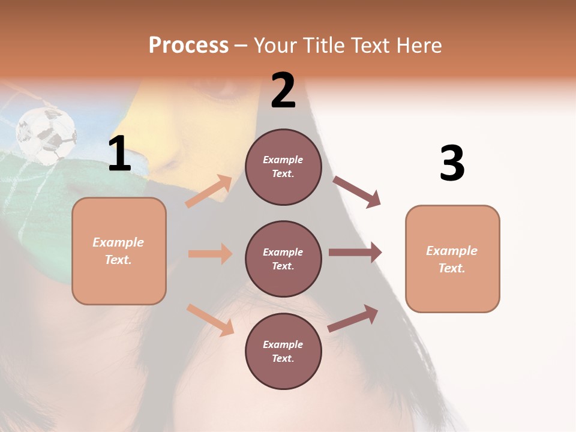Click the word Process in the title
[188, 46]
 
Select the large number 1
[119, 154]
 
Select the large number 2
[283, 91]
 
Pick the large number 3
[452, 164]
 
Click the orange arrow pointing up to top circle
[209, 191]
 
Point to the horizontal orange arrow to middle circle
[211, 254]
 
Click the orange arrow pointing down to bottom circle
[211, 319]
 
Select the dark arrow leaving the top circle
[357, 192]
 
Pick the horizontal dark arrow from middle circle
[355, 253]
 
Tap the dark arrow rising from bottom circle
[353, 319]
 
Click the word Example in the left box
[118, 242]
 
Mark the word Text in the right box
[451, 268]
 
